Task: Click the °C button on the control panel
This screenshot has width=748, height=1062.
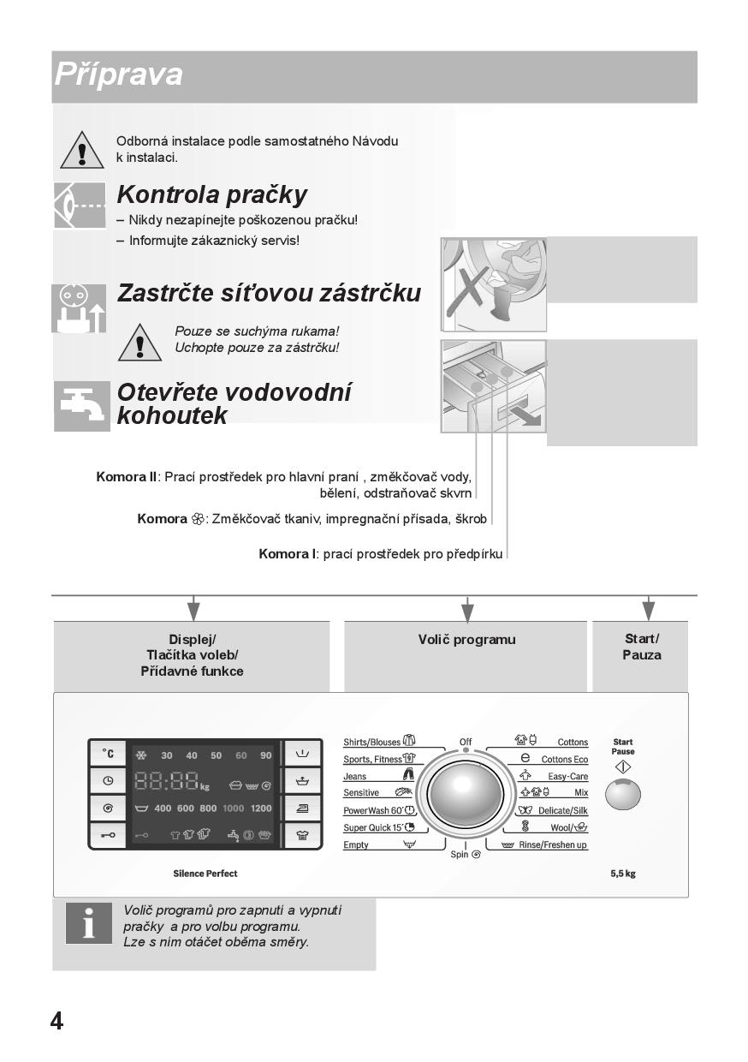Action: (x=107, y=754)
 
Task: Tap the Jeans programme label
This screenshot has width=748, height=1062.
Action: (x=355, y=776)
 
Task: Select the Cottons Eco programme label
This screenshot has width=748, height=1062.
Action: (x=564, y=760)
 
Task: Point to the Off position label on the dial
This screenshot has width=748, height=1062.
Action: (x=466, y=742)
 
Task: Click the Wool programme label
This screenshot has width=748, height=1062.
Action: (x=562, y=828)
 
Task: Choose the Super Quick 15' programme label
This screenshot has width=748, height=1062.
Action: (x=372, y=827)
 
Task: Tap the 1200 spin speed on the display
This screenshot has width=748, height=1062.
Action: (x=261, y=808)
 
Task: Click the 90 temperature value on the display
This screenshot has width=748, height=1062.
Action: (x=266, y=755)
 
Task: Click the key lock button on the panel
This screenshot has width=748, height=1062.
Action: (x=107, y=835)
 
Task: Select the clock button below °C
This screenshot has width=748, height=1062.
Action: (x=107, y=780)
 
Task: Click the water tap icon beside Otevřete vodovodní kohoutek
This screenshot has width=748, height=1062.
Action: (x=82, y=406)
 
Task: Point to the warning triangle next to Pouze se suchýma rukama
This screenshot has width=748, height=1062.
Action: (x=139, y=341)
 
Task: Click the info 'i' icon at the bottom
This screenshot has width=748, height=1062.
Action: (x=88, y=923)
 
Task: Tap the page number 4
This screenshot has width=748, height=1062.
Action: (x=56, y=1021)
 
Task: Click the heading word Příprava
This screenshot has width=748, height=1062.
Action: (x=118, y=75)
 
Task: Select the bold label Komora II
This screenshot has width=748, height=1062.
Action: (x=126, y=477)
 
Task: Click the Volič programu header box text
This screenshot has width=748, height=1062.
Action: (x=466, y=640)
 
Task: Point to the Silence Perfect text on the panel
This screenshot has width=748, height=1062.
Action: (x=205, y=874)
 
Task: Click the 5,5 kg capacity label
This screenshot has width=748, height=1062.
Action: (x=622, y=874)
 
